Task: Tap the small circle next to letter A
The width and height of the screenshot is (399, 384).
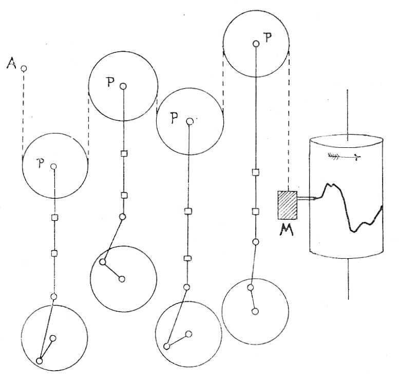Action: tap(24, 68)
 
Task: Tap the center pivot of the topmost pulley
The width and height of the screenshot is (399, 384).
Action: tap(255, 44)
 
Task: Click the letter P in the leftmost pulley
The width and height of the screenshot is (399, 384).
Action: tap(41, 163)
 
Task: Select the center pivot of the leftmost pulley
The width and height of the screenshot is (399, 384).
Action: tap(53, 166)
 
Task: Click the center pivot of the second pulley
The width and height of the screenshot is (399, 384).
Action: tap(123, 87)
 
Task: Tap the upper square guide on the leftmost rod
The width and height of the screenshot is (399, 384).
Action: tap(54, 218)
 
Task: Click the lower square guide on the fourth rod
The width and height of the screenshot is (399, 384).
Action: tap(255, 211)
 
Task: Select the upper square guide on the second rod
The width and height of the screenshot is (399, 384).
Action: tap(123, 153)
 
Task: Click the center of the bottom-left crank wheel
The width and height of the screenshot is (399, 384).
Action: tap(53, 338)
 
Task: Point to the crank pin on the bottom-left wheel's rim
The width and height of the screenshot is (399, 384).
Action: tap(40, 360)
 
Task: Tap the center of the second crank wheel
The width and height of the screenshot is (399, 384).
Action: tap(122, 279)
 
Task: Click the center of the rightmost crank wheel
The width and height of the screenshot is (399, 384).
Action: tap(255, 311)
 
